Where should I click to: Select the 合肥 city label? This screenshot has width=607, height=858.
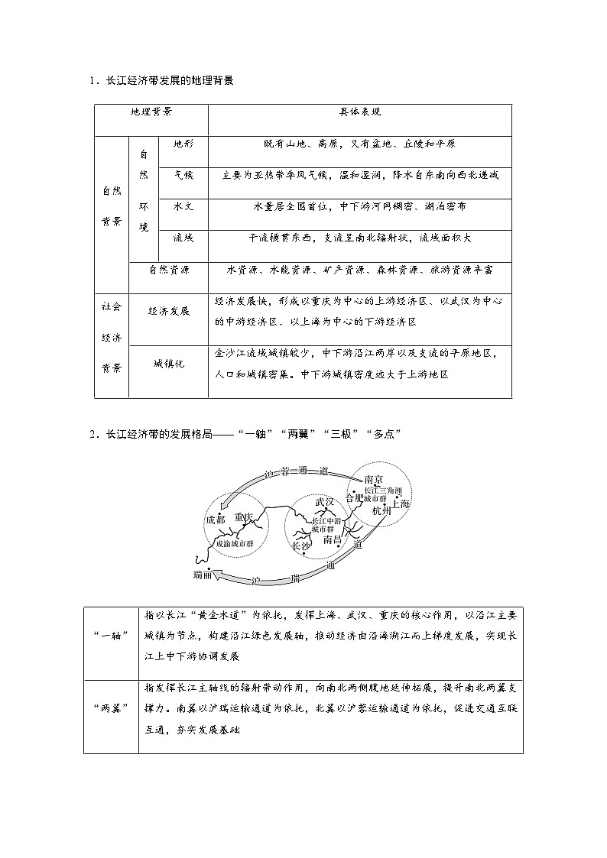(x=355, y=497)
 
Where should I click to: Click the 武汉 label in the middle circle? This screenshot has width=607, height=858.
(x=326, y=502)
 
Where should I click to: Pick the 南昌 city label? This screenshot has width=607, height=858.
(x=334, y=539)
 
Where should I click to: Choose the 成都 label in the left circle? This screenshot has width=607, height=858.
(x=216, y=520)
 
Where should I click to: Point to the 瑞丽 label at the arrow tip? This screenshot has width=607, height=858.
(x=204, y=573)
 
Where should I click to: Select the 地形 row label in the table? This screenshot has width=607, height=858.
(x=183, y=144)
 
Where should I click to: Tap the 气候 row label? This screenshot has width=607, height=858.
(x=183, y=175)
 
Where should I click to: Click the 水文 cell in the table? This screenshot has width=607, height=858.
(x=183, y=207)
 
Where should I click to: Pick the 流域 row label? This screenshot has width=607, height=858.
(x=183, y=238)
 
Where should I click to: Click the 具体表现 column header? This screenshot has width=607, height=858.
(x=360, y=112)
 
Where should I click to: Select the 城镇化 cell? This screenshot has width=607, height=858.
(x=169, y=364)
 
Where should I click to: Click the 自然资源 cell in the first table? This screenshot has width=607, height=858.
(x=169, y=270)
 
